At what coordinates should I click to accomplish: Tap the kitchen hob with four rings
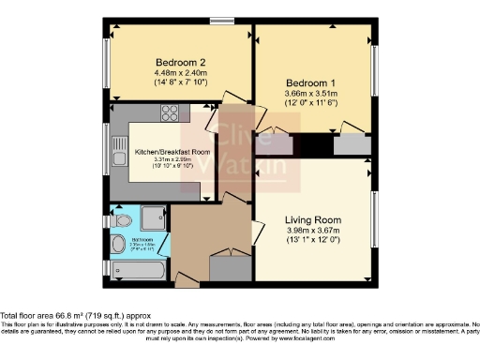pyautogui.click(x=172, y=114)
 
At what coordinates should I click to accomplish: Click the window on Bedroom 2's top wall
pyautogui.click(x=222, y=18)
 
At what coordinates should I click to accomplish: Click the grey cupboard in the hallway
pyautogui.click(x=227, y=266)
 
